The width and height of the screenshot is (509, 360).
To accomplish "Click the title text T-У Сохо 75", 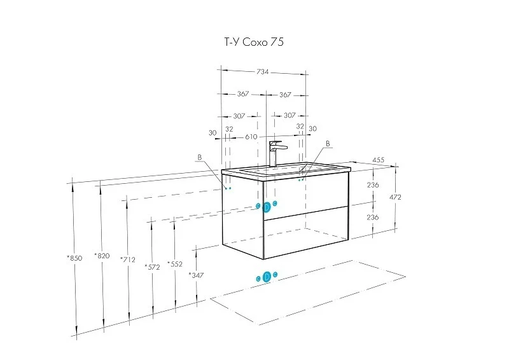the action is coord(254,42).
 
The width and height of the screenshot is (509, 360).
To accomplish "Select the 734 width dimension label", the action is coord(263,72).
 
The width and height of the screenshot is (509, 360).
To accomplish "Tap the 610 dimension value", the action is coord(251,137).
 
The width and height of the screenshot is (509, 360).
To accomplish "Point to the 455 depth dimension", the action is coord(378,160).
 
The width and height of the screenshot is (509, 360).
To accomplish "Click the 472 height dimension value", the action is coord(395,197).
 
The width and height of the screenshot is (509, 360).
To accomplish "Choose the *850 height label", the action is coord(74,258).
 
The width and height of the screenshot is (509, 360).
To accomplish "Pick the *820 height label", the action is coord(102,256).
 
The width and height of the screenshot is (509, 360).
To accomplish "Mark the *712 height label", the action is coord(128,260).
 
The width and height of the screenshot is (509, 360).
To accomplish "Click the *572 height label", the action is coord(152,267).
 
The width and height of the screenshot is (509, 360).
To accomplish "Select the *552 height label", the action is coord(175,264).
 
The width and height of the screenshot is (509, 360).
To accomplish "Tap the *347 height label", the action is coord(197,275).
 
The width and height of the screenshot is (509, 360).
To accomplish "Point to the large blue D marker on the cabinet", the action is coord(267,207).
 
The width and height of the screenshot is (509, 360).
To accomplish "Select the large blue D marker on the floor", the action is coord(267,277).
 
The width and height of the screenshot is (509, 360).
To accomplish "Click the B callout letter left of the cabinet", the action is coord(200,157).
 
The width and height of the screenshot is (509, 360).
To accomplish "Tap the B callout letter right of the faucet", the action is coord(328,144).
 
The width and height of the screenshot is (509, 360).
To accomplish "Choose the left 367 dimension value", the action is coord(243,93).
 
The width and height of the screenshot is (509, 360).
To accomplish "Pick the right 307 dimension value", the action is coord(289,115).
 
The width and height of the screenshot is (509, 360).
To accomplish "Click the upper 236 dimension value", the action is coord(373,184).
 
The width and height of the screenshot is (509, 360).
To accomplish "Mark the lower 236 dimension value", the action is coord(373,217).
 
